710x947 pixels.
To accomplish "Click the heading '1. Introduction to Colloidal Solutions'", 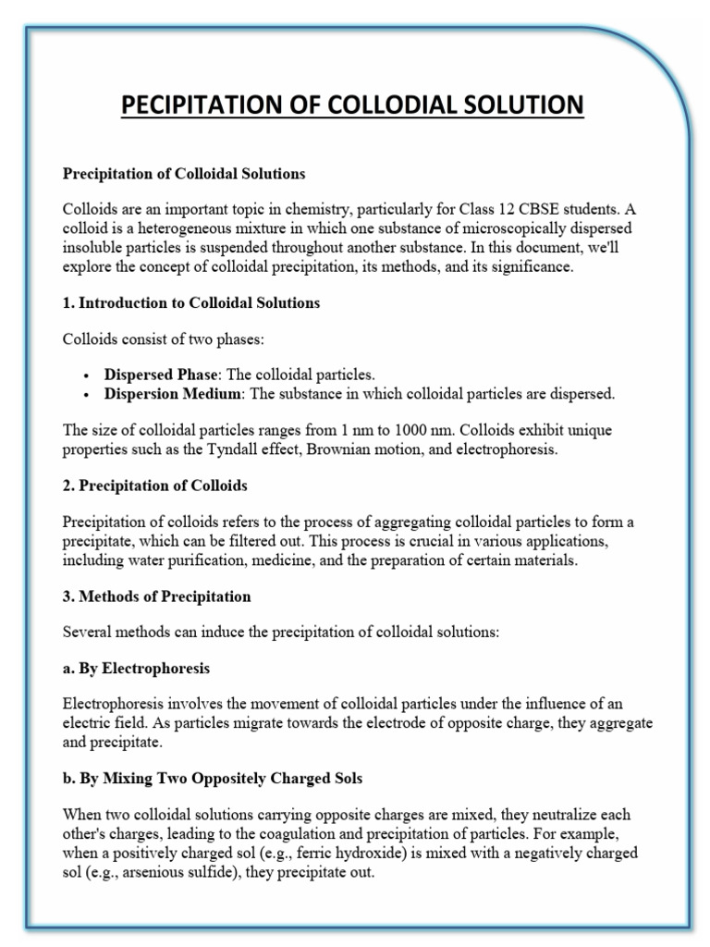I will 190,303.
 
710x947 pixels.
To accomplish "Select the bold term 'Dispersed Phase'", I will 160,375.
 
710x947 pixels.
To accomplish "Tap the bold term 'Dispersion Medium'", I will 168,394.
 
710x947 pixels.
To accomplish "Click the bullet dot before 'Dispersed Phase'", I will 86,375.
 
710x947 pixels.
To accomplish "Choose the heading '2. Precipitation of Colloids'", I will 154,486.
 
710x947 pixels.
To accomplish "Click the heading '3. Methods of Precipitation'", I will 156,596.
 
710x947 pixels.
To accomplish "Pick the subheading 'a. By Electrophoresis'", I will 136,668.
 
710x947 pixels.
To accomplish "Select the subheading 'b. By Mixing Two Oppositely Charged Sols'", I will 212,779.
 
